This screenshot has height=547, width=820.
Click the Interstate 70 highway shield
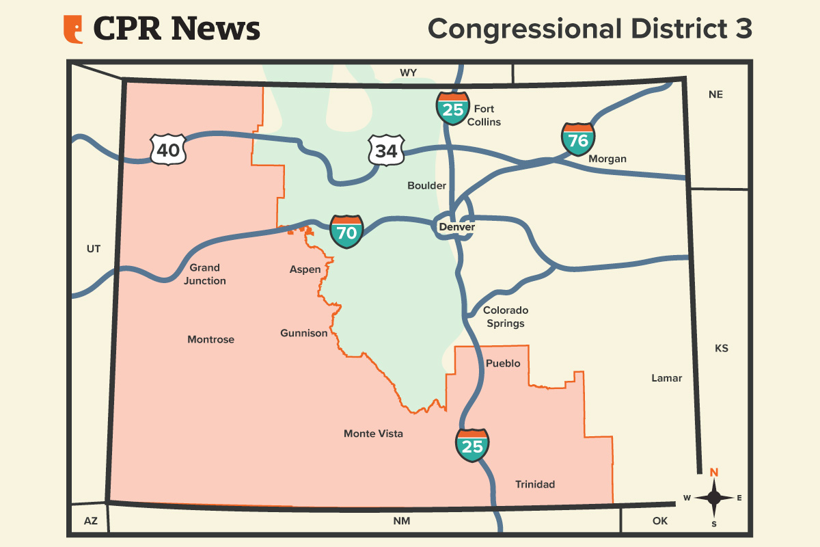(x=346, y=232)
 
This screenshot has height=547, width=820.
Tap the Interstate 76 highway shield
(x=578, y=139)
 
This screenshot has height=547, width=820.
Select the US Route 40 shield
(x=168, y=150)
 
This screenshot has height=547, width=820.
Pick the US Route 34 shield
(x=386, y=150)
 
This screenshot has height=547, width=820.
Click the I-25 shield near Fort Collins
(x=453, y=109)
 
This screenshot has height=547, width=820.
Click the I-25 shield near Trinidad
(x=472, y=446)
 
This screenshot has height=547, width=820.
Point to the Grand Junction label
(x=205, y=274)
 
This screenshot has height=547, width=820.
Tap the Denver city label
(x=456, y=226)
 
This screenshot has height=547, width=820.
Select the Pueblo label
(x=503, y=363)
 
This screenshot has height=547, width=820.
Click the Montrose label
(x=210, y=339)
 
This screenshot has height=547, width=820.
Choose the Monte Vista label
(x=373, y=433)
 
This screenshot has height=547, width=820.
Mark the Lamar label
(x=666, y=377)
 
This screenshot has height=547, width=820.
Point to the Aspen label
(x=305, y=269)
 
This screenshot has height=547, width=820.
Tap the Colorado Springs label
(x=506, y=317)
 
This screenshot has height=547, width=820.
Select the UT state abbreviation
(x=94, y=249)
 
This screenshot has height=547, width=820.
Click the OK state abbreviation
(x=659, y=521)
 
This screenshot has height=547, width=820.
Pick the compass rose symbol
(x=714, y=497)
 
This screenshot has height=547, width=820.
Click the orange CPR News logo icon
(x=73, y=29)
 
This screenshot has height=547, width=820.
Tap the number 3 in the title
(x=743, y=29)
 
